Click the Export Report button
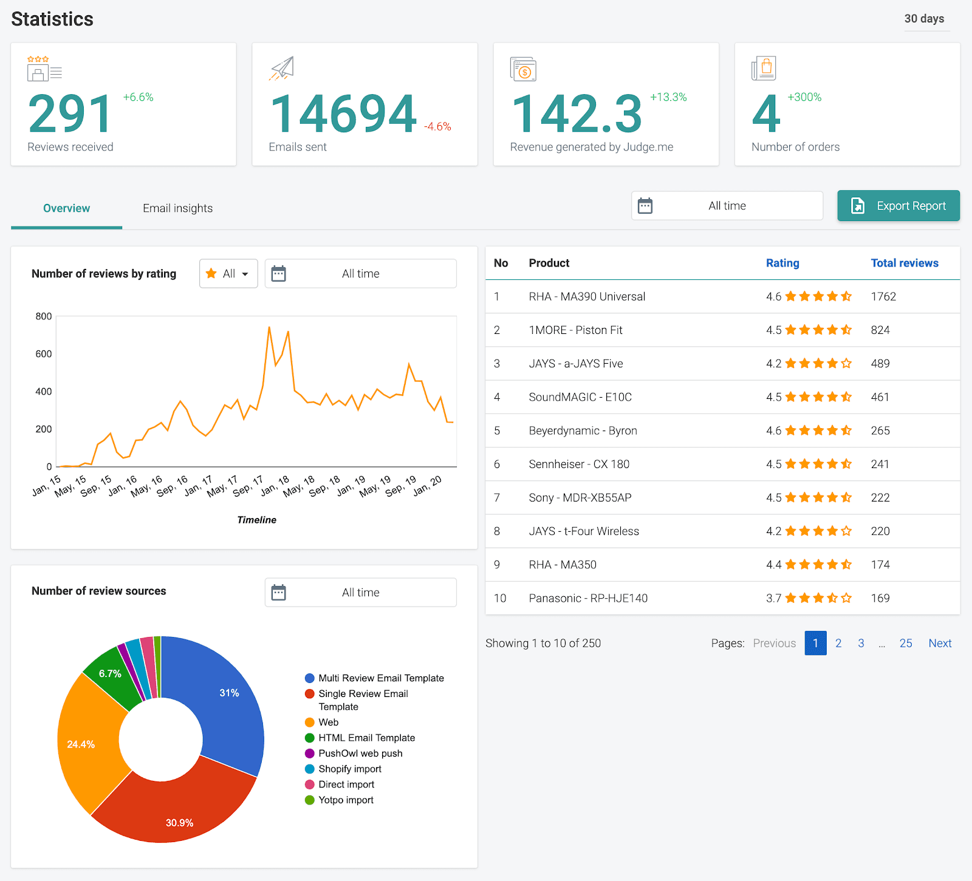pos(898,206)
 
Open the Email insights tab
pos(177,208)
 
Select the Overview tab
pos(66,208)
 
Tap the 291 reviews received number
pos(70,114)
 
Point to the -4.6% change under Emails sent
pos(437,126)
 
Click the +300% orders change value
pos(804,97)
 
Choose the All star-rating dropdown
pos(228,274)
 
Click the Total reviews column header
pos(904,263)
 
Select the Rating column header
pos(782,263)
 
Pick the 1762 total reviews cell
pos(883,296)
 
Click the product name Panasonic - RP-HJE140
pos(588,598)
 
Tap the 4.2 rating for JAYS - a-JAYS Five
pos(773,364)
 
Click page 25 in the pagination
pos(905,643)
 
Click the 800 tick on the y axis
pos(44,316)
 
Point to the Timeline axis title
pos(256,520)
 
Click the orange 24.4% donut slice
pos(85,744)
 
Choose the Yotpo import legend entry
pos(346,800)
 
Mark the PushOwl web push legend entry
pos(360,753)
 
